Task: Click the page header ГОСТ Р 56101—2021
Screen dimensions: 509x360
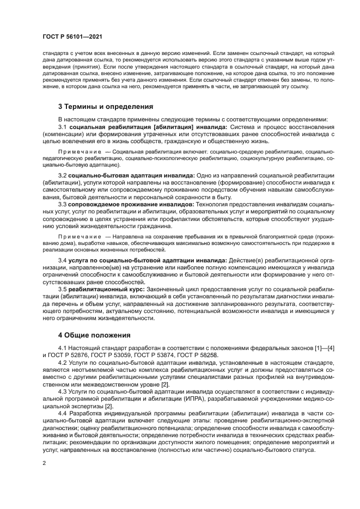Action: [72, 36]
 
